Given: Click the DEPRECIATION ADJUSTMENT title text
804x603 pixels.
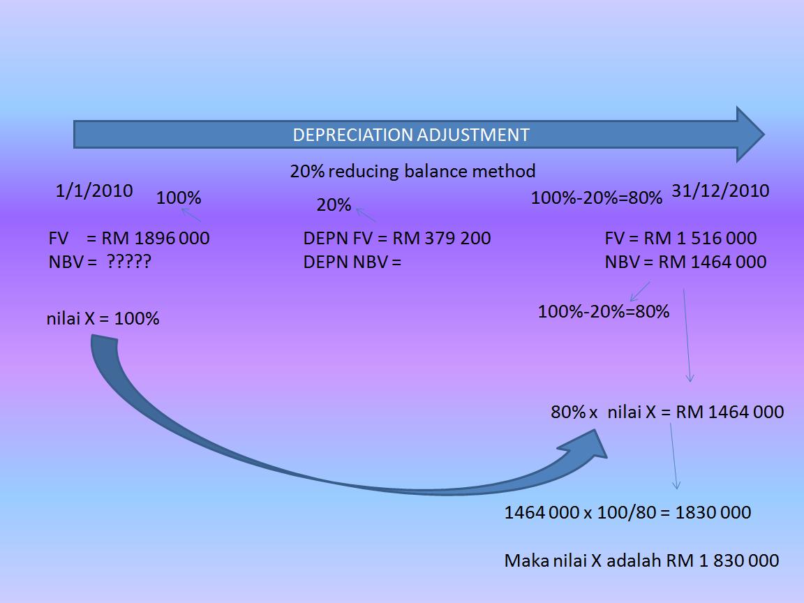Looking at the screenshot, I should [x=410, y=135].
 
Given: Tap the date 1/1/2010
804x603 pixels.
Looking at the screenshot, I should [x=94, y=191].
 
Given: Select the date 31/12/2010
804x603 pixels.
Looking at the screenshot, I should [x=720, y=191].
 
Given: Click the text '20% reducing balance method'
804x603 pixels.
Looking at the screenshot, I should [x=412, y=171].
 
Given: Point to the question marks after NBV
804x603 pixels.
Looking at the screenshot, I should [x=129, y=262].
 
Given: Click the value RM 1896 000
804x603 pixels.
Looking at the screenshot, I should [x=155, y=239].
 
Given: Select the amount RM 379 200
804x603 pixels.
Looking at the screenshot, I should [x=441, y=239].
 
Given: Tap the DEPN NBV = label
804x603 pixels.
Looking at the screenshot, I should [x=352, y=262].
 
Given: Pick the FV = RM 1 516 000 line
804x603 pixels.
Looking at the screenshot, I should [x=680, y=239].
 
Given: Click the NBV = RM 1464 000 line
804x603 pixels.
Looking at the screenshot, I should [x=685, y=262].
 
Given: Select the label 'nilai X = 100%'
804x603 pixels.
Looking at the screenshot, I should [x=103, y=319].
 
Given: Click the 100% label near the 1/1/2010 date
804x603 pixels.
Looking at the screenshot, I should [x=179, y=198].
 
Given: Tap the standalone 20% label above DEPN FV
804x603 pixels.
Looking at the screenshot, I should [x=334, y=205].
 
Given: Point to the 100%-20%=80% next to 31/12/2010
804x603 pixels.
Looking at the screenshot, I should [x=596, y=198].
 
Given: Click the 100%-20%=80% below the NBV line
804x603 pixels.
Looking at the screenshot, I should [x=603, y=312].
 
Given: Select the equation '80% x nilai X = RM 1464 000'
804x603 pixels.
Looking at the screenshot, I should [x=667, y=412].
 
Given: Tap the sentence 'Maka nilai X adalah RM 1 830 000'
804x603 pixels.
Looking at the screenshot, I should [x=641, y=560].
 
